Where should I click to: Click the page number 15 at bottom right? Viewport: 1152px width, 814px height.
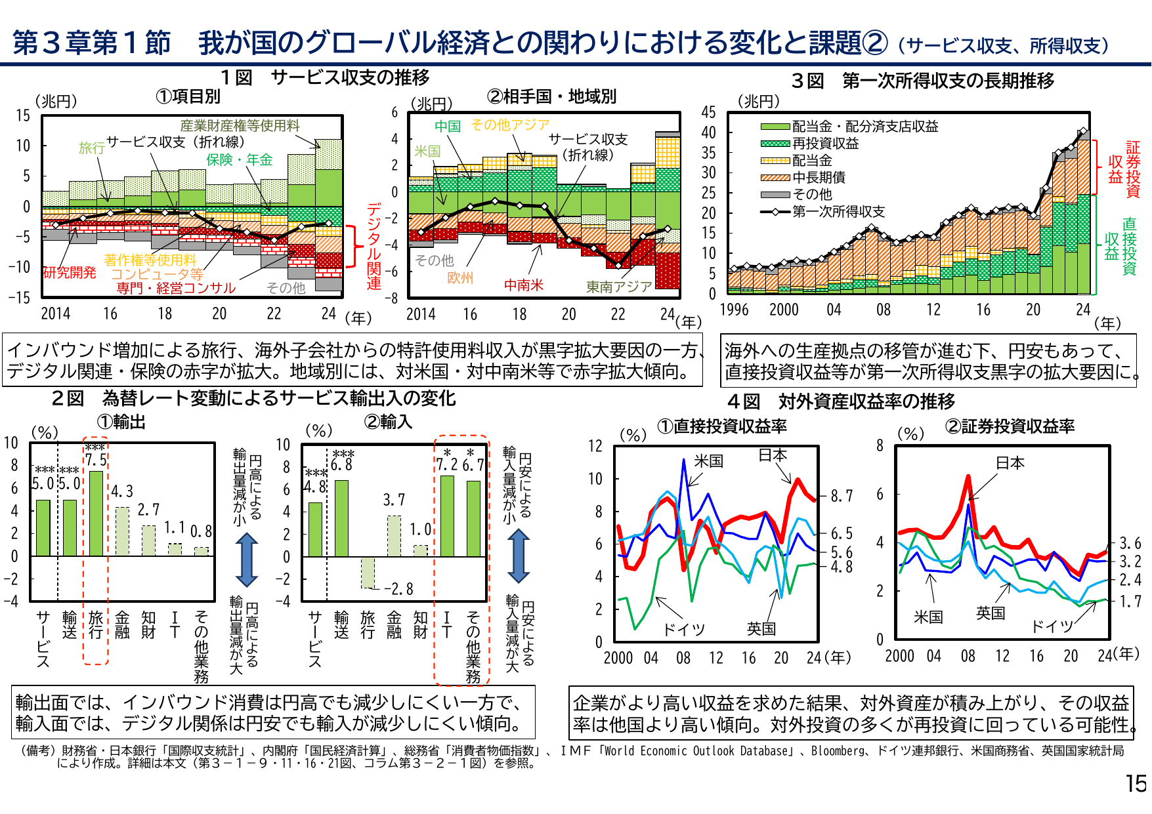click(x=1136, y=784)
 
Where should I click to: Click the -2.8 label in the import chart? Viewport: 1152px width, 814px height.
click(x=398, y=589)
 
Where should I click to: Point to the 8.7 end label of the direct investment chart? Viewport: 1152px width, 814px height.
click(x=842, y=496)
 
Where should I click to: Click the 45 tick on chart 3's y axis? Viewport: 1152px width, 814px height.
click(x=708, y=112)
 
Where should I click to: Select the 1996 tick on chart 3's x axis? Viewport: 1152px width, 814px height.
click(x=734, y=310)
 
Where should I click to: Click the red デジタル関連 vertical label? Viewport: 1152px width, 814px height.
click(x=373, y=247)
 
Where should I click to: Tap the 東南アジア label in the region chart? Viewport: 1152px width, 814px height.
click(x=618, y=287)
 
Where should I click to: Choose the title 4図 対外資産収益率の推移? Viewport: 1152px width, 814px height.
click(x=841, y=401)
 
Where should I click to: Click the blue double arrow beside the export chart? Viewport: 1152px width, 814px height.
click(x=246, y=560)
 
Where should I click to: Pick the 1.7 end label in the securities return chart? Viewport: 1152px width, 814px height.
click(x=1130, y=601)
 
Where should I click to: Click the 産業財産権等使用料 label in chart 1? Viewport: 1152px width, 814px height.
click(x=240, y=126)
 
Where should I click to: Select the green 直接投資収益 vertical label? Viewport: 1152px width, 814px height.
click(x=1120, y=246)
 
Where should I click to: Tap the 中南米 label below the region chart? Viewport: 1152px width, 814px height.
click(x=523, y=285)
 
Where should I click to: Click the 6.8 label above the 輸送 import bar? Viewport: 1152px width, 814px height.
click(x=341, y=464)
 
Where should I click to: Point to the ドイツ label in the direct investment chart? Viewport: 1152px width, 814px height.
click(x=683, y=630)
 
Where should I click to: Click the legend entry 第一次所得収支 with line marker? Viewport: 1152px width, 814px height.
click(x=838, y=212)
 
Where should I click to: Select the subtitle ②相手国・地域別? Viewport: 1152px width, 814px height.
click(x=551, y=96)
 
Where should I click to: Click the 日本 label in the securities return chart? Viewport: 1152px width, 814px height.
click(x=1010, y=463)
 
